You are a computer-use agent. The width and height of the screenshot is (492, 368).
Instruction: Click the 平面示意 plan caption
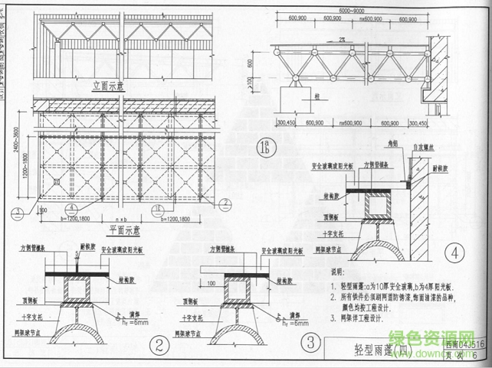pyautogui.click(x=126, y=229)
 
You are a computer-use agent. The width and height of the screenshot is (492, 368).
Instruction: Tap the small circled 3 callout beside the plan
pyautogui.click(x=17, y=213)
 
